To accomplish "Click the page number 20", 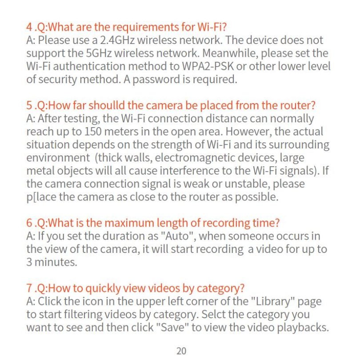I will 181,351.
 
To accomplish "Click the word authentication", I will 91,66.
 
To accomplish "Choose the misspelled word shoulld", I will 98,106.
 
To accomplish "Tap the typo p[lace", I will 41,197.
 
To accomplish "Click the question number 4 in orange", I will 29,27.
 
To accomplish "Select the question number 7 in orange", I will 29,288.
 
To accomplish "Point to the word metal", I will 40,171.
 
